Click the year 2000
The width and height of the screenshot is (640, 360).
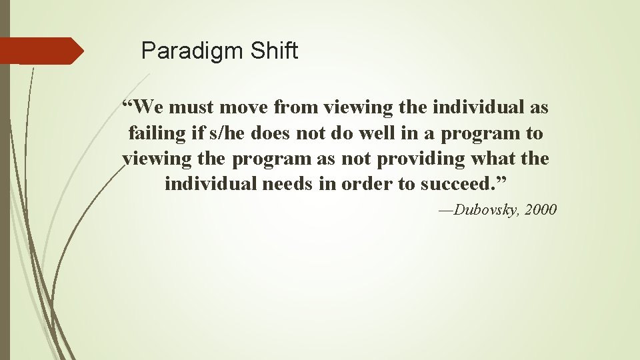541,210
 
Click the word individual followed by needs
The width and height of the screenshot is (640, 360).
212,183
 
